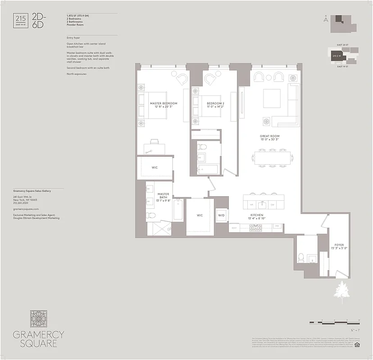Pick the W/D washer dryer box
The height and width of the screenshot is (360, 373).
tap(222, 215)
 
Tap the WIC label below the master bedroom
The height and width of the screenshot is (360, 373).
tap(155, 167)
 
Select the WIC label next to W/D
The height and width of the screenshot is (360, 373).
tap(200, 216)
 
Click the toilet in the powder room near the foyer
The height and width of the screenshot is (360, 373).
tap(301, 258)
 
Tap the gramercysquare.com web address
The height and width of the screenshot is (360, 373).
tap(26, 209)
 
